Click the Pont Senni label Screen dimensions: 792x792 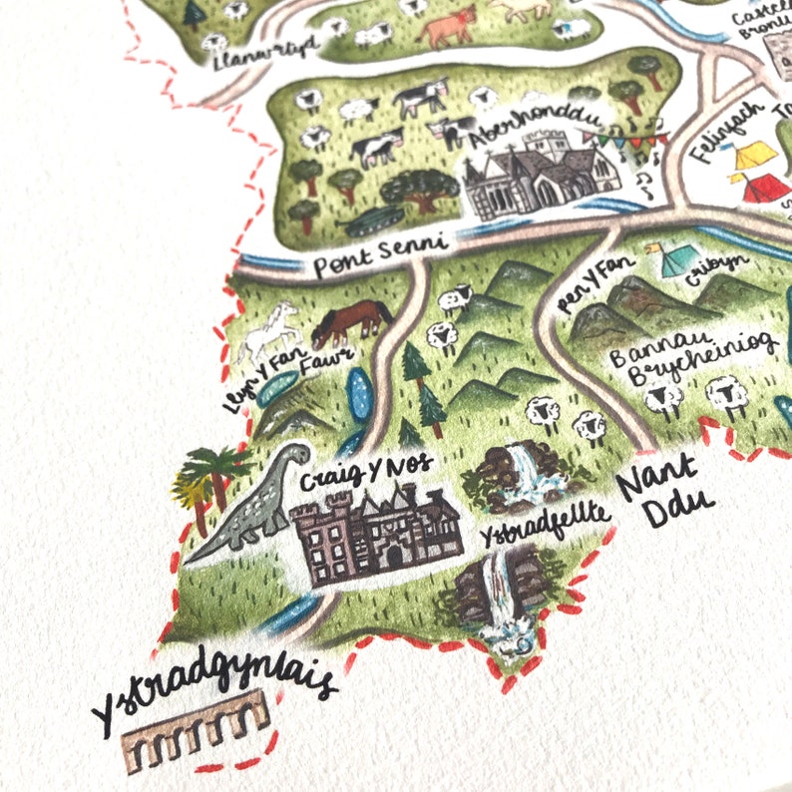[x=379, y=261]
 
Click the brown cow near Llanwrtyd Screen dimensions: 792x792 [x=447, y=27]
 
